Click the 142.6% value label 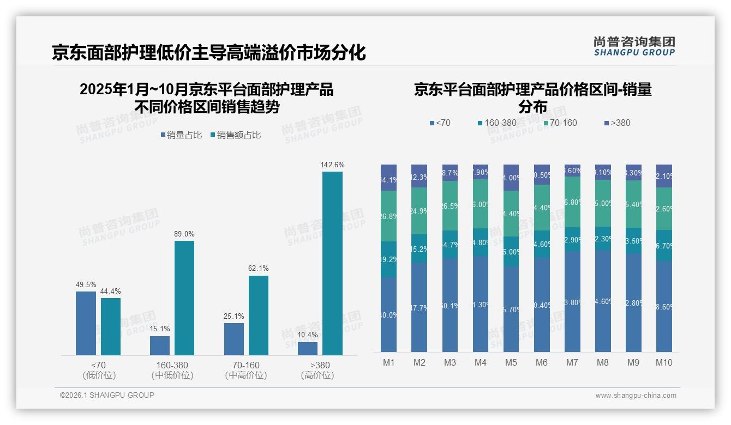(x=332, y=165)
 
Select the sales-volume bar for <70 (x=86, y=323)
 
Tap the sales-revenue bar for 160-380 (x=184, y=298)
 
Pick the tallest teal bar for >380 (x=332, y=263)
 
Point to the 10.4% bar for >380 (x=308, y=349)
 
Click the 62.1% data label (x=258, y=269)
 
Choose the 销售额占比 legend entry (x=235, y=135)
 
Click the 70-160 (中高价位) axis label (x=246, y=370)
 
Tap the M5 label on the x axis (x=511, y=363)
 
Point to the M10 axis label (x=664, y=363)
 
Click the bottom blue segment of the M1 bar (x=389, y=314)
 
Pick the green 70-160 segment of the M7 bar (x=572, y=202)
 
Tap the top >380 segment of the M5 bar (x=511, y=178)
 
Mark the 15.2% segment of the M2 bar (x=420, y=248)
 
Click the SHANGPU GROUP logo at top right (x=634, y=46)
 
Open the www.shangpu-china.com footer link (x=636, y=396)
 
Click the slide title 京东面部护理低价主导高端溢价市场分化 (x=208, y=53)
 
